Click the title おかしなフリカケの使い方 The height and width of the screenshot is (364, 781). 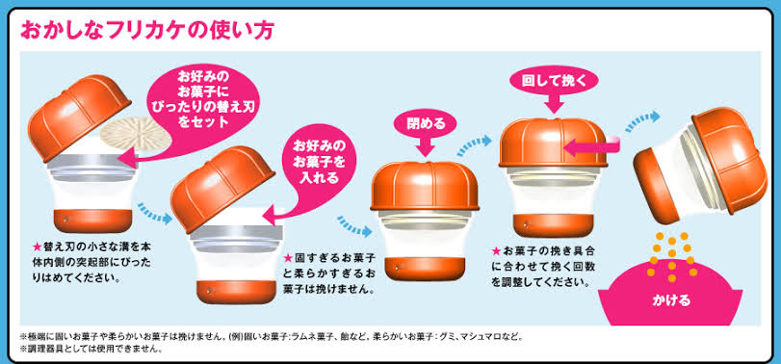point(146,31)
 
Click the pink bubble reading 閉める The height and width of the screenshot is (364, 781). point(426,123)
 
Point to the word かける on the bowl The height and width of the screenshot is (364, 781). point(671,300)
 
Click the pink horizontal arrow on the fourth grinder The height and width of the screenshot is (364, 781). point(590,147)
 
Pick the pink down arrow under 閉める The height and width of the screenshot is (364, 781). point(426,146)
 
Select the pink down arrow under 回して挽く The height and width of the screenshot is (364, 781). point(555,104)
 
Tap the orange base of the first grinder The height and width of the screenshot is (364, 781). point(92,221)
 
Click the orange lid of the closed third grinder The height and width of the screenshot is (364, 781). point(425,185)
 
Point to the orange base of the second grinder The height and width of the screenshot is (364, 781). point(236,292)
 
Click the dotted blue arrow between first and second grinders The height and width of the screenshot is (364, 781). point(154,212)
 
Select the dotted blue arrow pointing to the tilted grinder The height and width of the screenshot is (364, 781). point(642,121)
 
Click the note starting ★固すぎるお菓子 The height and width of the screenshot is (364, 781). point(328,273)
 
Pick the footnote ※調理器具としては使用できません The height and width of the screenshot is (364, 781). point(91,349)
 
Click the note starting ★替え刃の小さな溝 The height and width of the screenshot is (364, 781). point(91,262)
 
